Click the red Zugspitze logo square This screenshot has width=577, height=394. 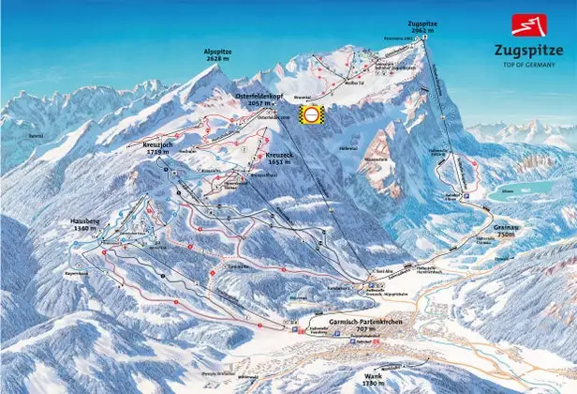click(x=525, y=24)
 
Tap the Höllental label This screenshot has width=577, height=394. click(x=348, y=148)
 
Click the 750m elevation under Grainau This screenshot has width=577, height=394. click(x=507, y=235)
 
